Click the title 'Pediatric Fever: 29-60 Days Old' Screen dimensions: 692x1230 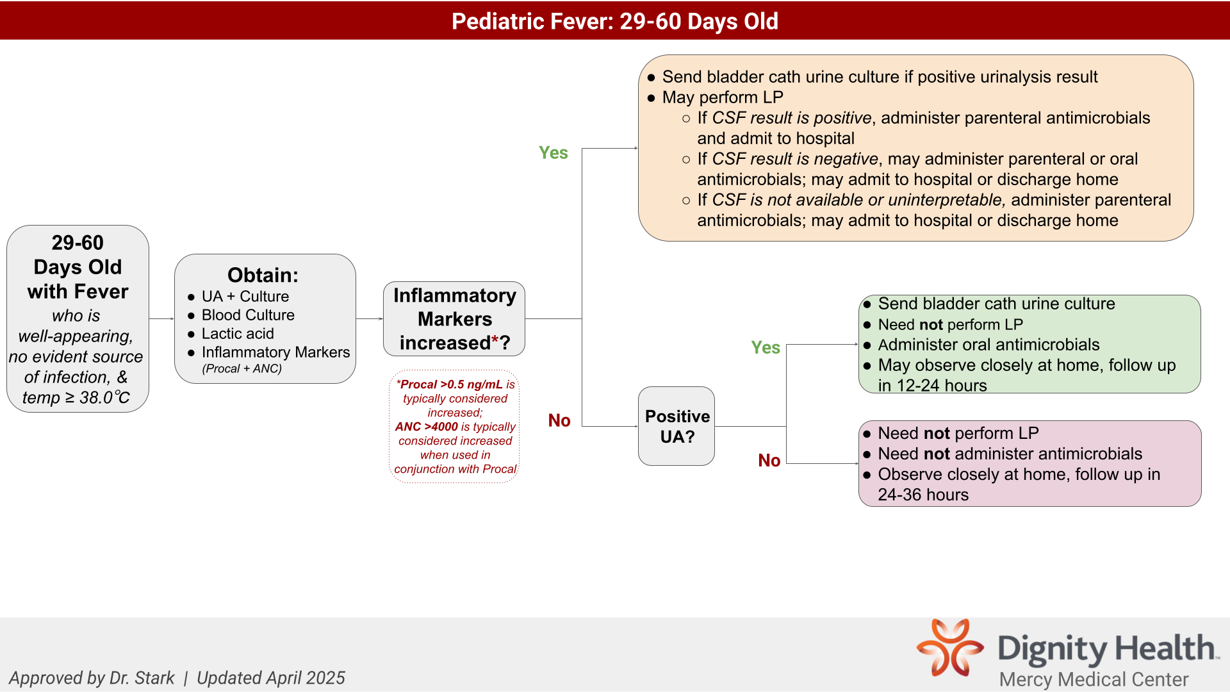tap(614, 21)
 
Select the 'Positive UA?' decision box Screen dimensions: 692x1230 tap(676, 426)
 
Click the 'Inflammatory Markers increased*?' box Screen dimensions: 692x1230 tap(454, 319)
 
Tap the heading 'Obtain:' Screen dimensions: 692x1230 tap(263, 275)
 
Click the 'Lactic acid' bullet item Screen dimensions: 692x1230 tap(238, 334)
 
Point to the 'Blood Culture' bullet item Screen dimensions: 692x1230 tap(248, 315)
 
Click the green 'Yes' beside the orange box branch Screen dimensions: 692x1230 tap(553, 152)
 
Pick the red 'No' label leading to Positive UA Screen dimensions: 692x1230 tap(559, 420)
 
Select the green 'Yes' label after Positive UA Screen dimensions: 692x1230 tap(765, 347)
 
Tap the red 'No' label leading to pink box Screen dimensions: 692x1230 tap(769, 460)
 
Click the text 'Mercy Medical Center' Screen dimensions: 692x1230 tap(1094, 679)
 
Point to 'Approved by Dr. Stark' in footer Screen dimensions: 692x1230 tap(92, 678)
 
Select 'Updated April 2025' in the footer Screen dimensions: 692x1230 tap(270, 678)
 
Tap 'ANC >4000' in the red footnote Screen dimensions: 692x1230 tap(427, 427)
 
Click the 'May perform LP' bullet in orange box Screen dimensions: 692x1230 tap(722, 97)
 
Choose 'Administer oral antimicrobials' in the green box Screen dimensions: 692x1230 tap(988, 345)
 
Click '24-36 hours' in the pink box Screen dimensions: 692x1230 tap(922, 495)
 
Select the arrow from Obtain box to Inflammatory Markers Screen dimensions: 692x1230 tap(369, 318)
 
